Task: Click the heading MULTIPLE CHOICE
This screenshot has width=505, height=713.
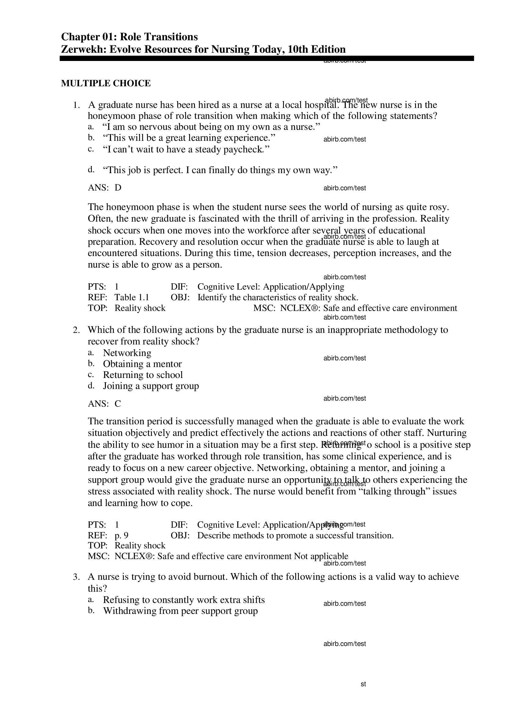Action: pos(106,83)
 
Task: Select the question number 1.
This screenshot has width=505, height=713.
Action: pos(76,105)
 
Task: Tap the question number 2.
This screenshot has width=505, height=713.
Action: pos(76,330)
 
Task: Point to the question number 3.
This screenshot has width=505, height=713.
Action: pos(76,577)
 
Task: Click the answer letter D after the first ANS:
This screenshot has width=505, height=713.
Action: pos(118,188)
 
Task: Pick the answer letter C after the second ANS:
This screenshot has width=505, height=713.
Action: pos(117,404)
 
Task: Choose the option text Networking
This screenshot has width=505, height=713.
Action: pos(127,353)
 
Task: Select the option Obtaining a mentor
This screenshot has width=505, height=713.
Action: pos(142,364)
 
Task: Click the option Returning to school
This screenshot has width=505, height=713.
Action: pos(143,375)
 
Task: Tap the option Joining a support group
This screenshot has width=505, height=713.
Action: pos(151,386)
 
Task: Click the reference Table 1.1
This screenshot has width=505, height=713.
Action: pos(132,298)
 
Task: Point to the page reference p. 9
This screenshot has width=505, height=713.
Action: pos(121,536)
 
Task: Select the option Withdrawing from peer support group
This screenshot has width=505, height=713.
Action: pos(180,611)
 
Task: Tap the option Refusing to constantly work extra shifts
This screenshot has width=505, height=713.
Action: pos(184,600)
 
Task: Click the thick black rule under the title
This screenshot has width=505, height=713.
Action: pos(267,59)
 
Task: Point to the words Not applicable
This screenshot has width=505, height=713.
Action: pos(321,556)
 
